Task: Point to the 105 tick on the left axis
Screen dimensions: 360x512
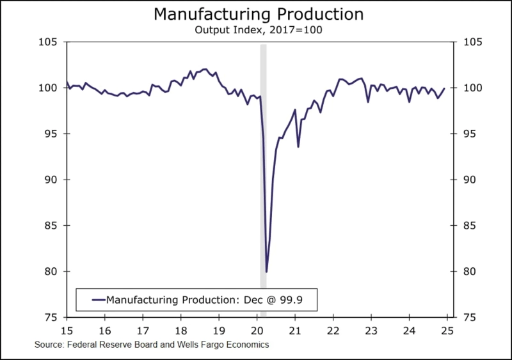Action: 49,42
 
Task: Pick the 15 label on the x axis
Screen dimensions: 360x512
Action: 67,330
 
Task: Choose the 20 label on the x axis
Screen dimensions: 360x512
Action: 257,330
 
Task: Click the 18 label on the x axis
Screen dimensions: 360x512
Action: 181,330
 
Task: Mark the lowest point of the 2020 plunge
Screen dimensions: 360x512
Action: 266,272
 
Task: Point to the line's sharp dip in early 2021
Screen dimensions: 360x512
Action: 298,146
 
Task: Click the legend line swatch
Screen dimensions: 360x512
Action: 98,299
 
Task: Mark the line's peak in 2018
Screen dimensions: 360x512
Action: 204,69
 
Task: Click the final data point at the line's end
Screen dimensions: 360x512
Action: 444,88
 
